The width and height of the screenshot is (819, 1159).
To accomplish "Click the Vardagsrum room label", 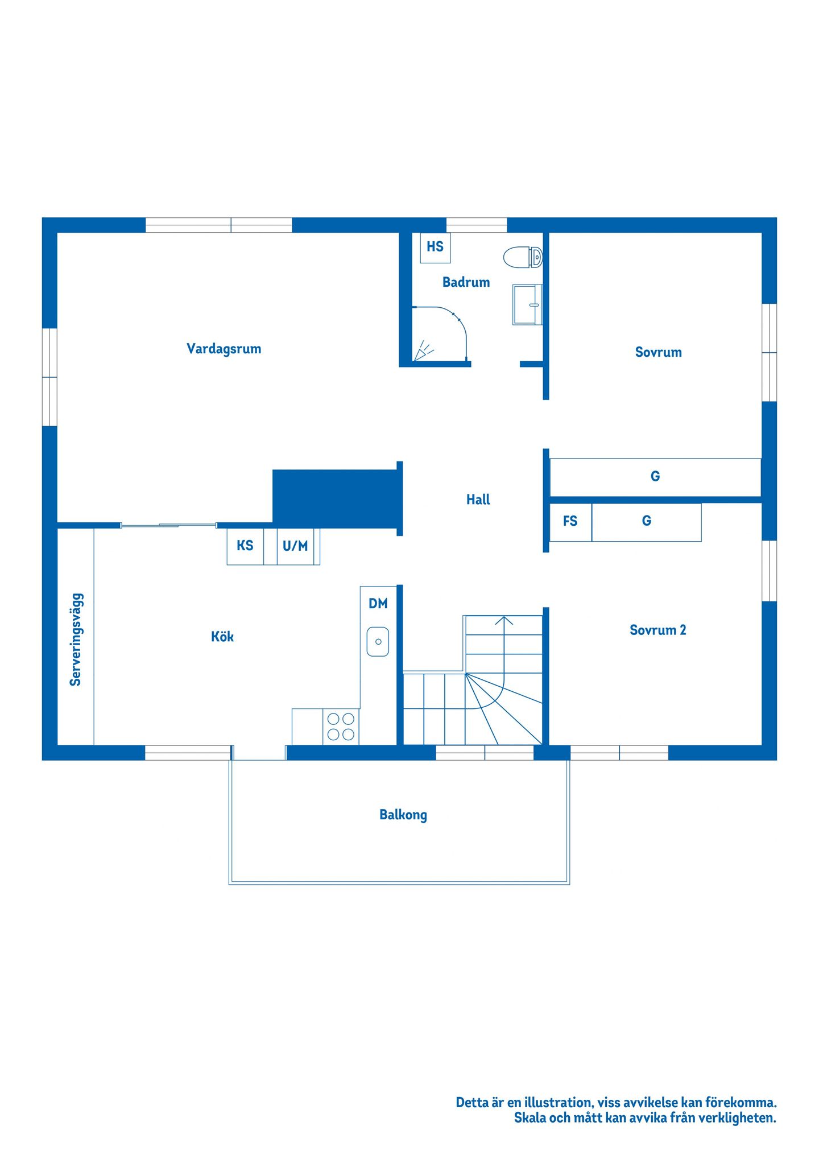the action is click(x=224, y=349).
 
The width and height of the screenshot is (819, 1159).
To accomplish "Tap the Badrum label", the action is click(x=466, y=282).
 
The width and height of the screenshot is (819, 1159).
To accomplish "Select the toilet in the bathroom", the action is click(x=523, y=257).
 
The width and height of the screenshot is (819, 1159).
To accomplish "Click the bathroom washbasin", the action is click(x=527, y=305).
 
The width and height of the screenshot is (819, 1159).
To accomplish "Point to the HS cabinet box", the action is click(x=435, y=248).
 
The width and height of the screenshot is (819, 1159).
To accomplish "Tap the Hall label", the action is click(x=478, y=500).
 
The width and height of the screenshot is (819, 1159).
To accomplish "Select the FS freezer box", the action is click(x=570, y=522).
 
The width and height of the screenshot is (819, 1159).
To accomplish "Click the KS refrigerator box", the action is click(x=245, y=546).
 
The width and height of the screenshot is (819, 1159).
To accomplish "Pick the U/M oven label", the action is click(x=295, y=546).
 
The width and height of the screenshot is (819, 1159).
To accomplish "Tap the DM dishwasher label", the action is click(x=378, y=604).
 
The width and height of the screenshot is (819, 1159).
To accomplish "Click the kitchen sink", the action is click(x=378, y=641).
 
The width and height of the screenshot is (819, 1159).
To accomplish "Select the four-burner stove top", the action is click(x=341, y=727).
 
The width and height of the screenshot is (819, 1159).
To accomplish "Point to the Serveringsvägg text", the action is click(x=76, y=640).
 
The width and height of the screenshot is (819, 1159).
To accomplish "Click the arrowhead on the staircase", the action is click(x=504, y=620).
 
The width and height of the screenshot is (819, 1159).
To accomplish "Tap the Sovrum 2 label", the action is click(x=658, y=630).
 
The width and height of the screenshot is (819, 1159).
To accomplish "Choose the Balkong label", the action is click(x=403, y=815).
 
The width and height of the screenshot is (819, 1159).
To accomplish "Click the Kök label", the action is click(x=222, y=637).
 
